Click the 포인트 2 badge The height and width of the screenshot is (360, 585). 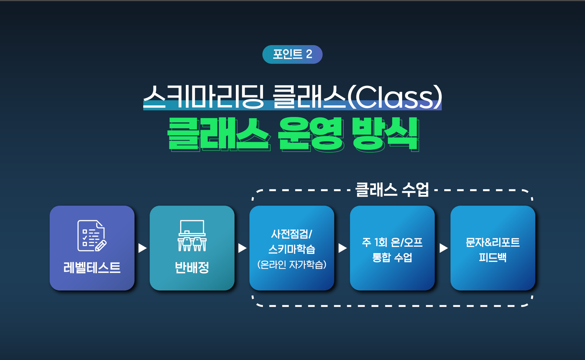pyautogui.click(x=292, y=54)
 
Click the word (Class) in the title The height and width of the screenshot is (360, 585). pyautogui.click(x=395, y=97)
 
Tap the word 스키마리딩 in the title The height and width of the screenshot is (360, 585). pyautogui.click(x=204, y=97)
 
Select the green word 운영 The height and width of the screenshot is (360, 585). pyautogui.click(x=311, y=134)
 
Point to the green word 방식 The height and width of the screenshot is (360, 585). pyautogui.click(x=386, y=134)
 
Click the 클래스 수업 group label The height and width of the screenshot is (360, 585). pyautogui.click(x=392, y=189)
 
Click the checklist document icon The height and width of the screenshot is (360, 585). pyautogui.click(x=92, y=236)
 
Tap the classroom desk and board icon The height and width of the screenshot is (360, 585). pyautogui.click(x=192, y=236)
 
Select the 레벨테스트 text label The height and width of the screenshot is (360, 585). pyautogui.click(x=92, y=268)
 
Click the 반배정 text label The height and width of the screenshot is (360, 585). pyautogui.click(x=192, y=268)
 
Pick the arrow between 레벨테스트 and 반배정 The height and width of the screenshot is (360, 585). pyautogui.click(x=142, y=248)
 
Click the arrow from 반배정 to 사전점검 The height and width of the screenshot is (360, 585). pyautogui.click(x=242, y=248)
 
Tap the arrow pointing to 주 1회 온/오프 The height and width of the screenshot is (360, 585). pyautogui.click(x=342, y=248)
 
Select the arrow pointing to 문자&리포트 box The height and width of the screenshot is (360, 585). pyautogui.click(x=444, y=248)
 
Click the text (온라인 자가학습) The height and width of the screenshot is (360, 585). pyautogui.click(x=292, y=264)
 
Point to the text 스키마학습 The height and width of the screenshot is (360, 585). pyautogui.click(x=292, y=249)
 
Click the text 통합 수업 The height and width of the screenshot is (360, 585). pyautogui.click(x=392, y=257)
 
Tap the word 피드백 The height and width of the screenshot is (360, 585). pyautogui.click(x=493, y=257)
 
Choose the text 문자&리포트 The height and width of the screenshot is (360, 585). pyautogui.click(x=493, y=242)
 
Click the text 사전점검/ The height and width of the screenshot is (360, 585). pyautogui.click(x=292, y=234)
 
